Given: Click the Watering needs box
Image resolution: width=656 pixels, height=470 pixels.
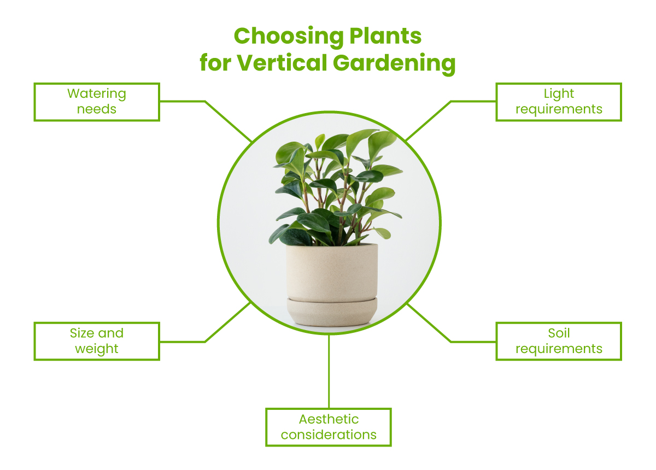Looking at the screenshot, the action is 97,102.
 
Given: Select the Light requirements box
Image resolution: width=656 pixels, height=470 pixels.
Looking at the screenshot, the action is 559,102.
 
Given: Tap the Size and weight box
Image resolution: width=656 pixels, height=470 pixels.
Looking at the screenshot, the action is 97,342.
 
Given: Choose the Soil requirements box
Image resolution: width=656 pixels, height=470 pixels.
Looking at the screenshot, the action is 559,342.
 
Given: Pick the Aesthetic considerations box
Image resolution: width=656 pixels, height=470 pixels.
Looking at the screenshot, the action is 329,427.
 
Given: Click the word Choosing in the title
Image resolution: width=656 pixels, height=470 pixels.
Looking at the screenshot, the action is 289,37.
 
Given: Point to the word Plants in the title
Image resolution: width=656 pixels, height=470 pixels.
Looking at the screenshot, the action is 386,36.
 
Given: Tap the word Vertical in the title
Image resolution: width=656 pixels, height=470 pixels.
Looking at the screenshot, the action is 282,63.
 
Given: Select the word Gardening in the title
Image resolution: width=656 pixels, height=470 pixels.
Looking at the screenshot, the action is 394,64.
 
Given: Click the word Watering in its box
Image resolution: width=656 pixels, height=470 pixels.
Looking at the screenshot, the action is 97,94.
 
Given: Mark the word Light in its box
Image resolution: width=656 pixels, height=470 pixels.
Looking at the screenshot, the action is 559,94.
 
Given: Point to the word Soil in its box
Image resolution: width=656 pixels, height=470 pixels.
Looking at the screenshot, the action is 559,333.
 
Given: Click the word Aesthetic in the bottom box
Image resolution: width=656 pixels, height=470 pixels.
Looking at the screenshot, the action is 329,419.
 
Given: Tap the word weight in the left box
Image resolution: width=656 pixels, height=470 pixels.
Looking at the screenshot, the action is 97,349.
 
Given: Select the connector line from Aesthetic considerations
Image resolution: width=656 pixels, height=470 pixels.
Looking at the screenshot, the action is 329,371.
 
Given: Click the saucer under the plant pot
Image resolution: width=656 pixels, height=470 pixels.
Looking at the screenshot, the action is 332,312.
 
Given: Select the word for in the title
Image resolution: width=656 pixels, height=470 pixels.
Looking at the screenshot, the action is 215,63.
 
